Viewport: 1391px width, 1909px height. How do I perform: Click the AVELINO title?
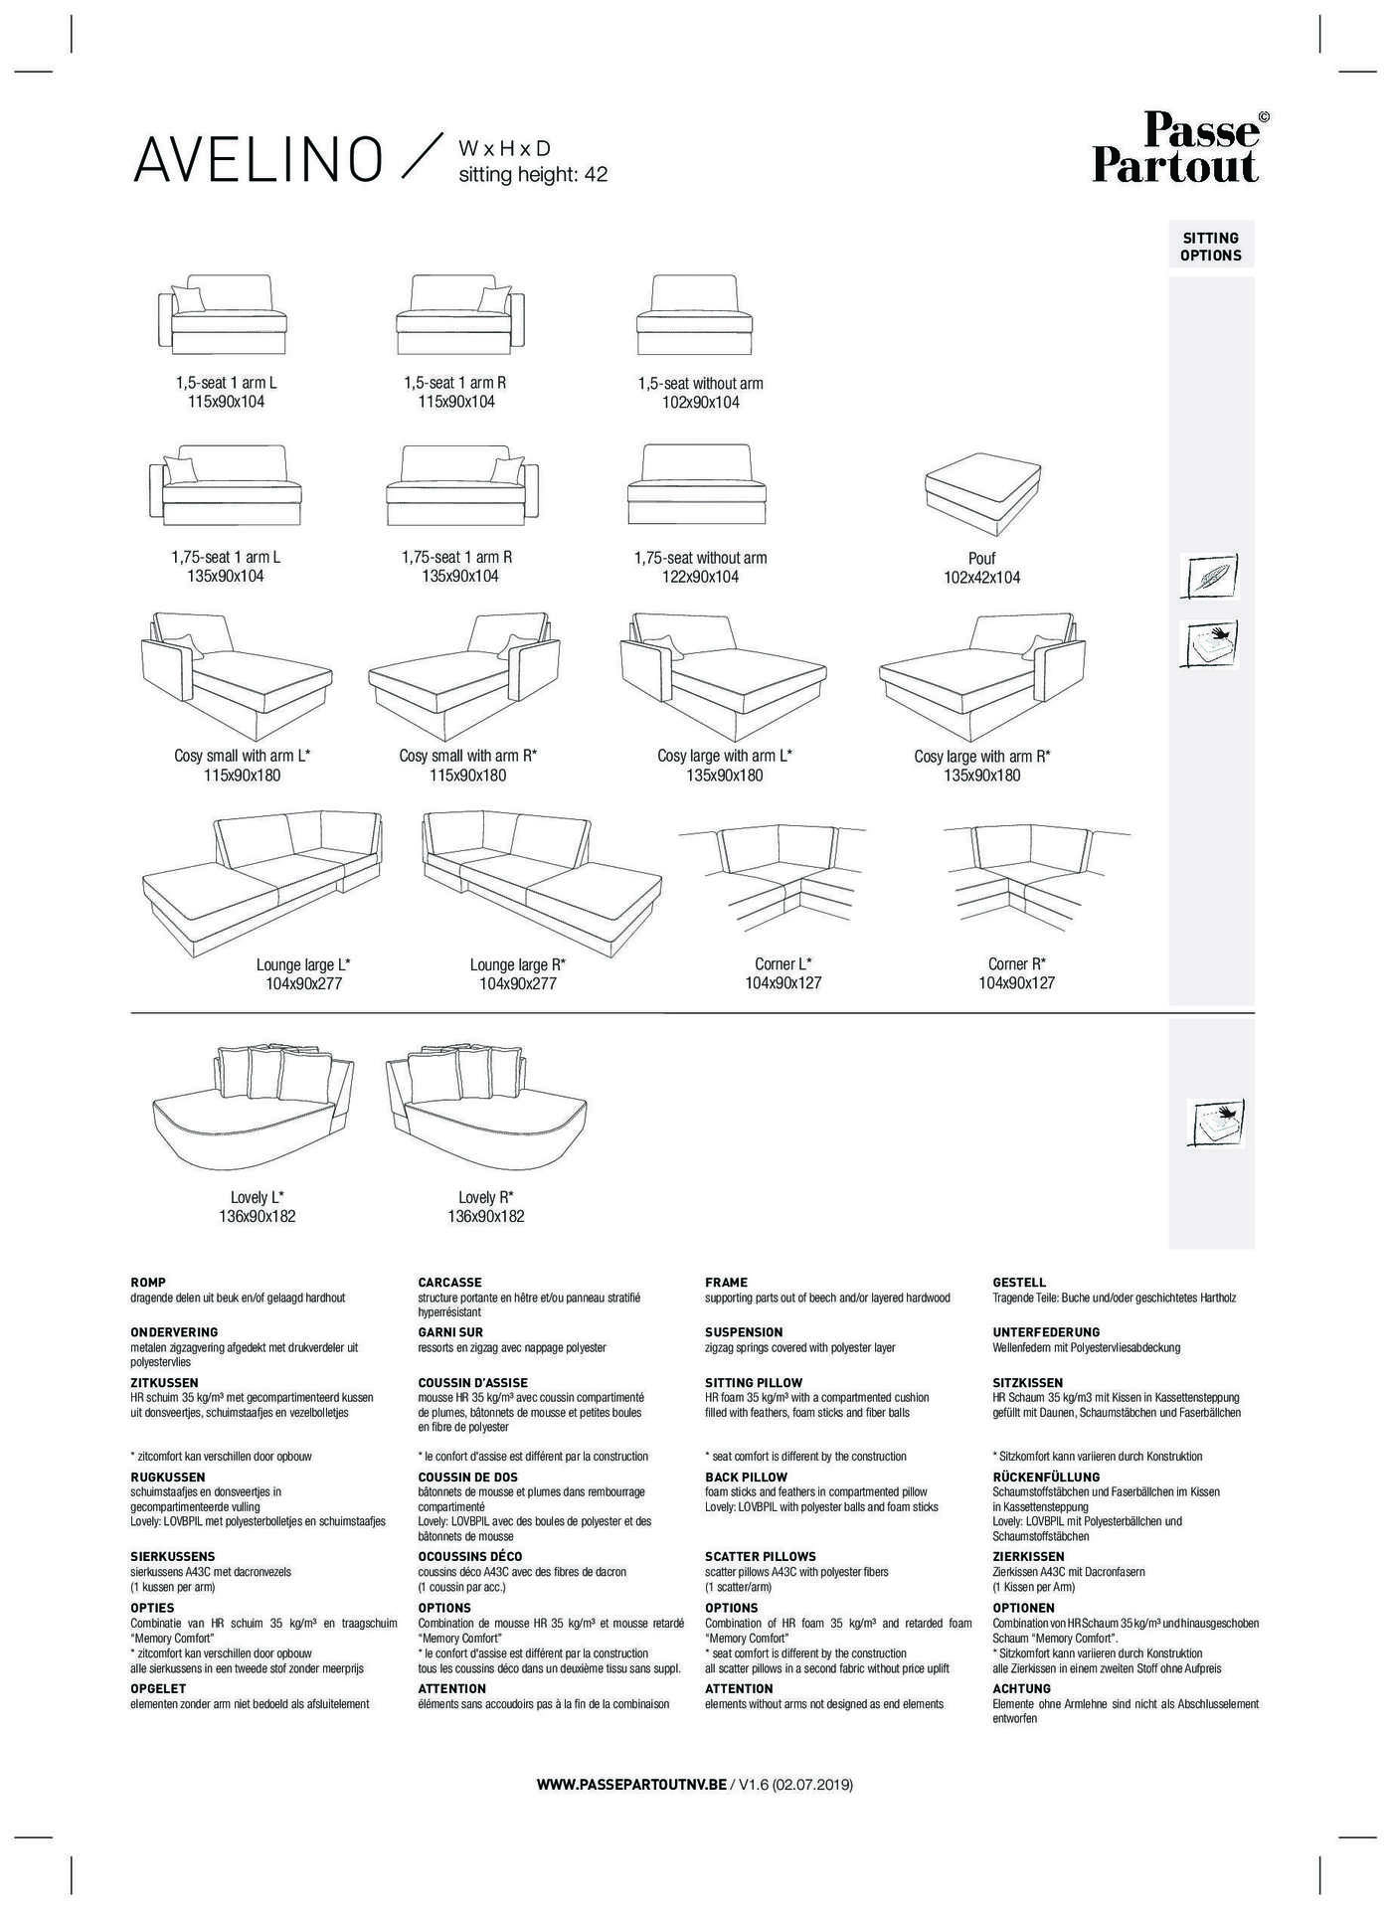(x=259, y=159)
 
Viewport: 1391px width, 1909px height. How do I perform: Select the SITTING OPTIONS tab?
(x=1211, y=247)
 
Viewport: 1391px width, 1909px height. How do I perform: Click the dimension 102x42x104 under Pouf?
(x=981, y=578)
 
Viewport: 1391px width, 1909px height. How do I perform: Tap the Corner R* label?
(x=1016, y=963)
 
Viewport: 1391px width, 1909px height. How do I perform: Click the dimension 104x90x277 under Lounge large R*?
(x=518, y=983)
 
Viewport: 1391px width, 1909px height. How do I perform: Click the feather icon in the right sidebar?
(x=1209, y=577)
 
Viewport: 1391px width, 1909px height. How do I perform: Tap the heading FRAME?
(x=726, y=1283)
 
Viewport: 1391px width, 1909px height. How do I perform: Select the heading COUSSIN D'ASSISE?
(x=472, y=1382)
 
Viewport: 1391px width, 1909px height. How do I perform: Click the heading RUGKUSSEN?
(x=168, y=1476)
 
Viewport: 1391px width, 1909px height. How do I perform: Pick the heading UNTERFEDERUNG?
(x=1046, y=1332)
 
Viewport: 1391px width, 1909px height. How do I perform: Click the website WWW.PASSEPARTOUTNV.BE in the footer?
(x=631, y=1785)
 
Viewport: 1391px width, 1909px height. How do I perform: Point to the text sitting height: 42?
(x=532, y=175)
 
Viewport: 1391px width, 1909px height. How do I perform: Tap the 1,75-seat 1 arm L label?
(x=226, y=557)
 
